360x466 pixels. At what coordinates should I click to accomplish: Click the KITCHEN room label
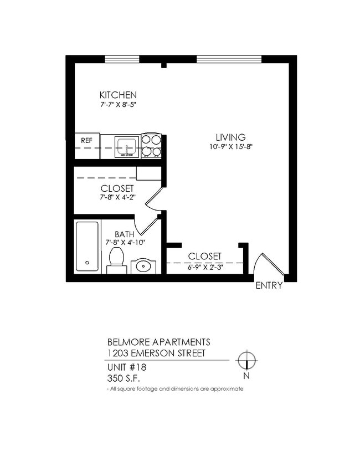point(117,95)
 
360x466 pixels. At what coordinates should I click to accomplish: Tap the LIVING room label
point(230,137)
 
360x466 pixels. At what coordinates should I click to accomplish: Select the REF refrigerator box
point(87,141)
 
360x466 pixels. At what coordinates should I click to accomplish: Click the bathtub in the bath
point(87,246)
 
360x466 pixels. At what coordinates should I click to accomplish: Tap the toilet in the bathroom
point(116,259)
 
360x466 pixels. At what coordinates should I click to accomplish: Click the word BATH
point(124,234)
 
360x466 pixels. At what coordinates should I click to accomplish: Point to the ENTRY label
point(269,286)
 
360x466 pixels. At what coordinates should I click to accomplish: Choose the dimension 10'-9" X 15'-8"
point(230,147)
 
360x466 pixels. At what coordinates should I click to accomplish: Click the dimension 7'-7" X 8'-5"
point(117,104)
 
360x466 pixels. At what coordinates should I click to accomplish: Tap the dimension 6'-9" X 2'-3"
point(204,266)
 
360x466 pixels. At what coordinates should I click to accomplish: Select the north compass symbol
point(246,361)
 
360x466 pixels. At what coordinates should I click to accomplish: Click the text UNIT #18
point(127,367)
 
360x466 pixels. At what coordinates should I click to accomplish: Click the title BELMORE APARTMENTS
point(158,342)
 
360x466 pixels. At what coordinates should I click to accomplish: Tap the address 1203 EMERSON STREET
point(156,353)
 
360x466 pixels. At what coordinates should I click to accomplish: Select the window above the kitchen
point(122,59)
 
